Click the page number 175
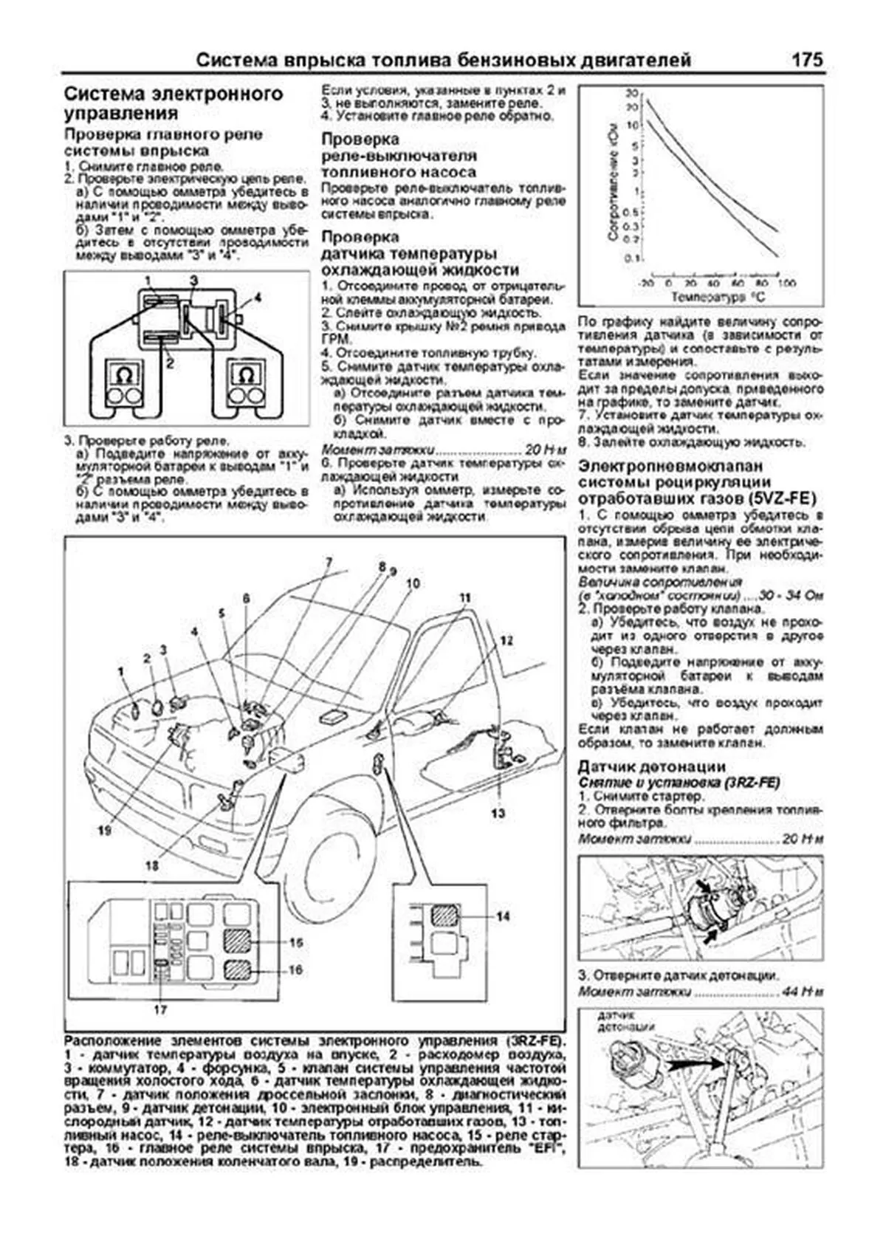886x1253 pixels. point(807,60)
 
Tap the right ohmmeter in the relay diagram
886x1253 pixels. point(246,384)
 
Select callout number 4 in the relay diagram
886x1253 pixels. point(257,298)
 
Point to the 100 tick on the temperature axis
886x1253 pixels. point(786,284)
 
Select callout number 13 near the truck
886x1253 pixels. point(498,813)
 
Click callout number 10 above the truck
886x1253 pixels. point(412,583)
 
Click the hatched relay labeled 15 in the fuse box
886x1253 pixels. point(239,942)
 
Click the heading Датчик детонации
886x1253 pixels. point(652,766)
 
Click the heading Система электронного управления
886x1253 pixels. point(174,103)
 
